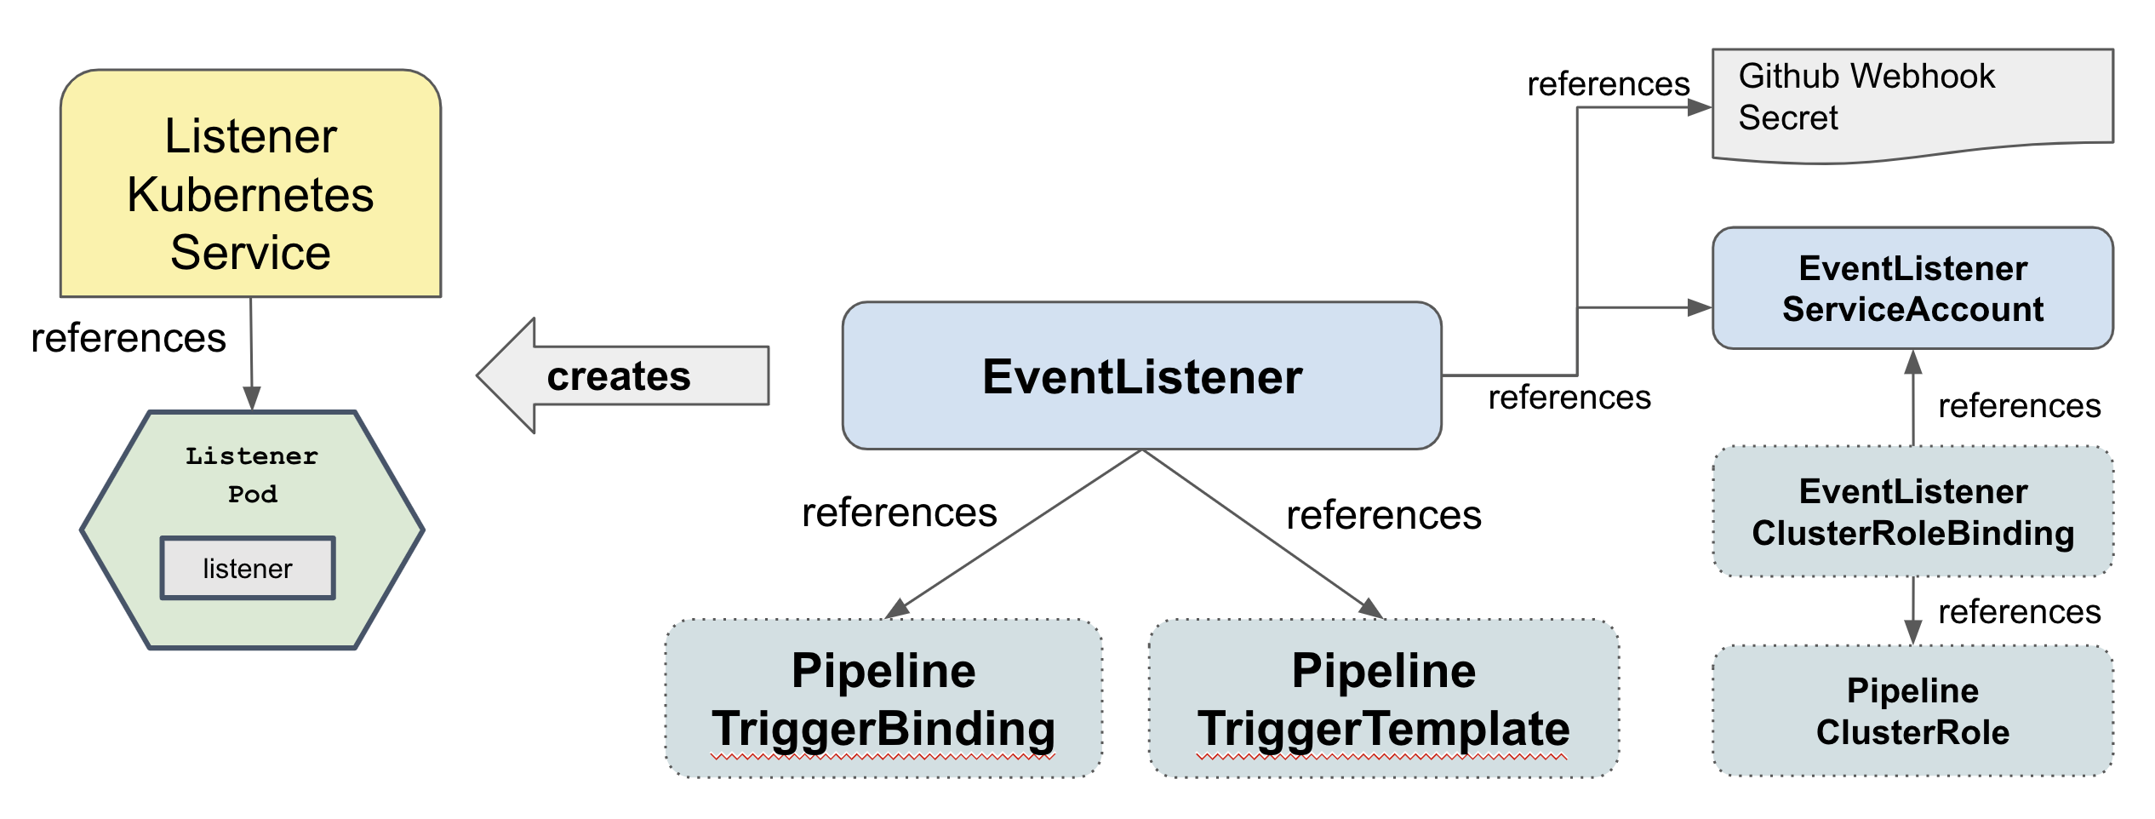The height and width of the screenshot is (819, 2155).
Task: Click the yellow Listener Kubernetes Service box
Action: click(x=250, y=184)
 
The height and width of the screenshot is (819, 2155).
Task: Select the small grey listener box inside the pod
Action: click(x=248, y=568)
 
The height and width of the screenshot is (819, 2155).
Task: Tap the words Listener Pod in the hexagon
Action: click(x=252, y=475)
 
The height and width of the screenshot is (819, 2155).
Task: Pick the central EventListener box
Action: click(x=1141, y=376)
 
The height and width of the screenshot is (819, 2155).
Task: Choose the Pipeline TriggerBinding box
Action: click(x=883, y=698)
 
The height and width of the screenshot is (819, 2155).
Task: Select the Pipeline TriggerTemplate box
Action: click(x=1383, y=698)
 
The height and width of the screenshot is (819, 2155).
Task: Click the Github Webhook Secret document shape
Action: click(x=1912, y=102)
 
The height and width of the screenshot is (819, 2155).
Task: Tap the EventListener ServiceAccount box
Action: click(x=1912, y=288)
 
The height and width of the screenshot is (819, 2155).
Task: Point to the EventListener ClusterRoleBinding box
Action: click(x=1912, y=512)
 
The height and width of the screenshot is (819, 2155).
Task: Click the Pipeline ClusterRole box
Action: click(x=1912, y=711)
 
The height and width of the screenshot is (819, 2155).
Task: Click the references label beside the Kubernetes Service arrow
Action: click(x=129, y=338)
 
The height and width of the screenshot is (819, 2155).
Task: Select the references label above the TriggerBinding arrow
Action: click(x=899, y=513)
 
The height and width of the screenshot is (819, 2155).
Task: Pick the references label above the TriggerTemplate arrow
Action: click(x=1383, y=515)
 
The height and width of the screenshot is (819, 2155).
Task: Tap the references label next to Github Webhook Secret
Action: click(x=1608, y=84)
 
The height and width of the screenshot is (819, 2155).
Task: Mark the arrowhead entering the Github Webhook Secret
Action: click(x=1699, y=107)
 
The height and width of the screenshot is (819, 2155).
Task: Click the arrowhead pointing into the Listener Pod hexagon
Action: click(x=252, y=398)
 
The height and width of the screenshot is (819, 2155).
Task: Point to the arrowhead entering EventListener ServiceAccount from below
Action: click(x=1913, y=363)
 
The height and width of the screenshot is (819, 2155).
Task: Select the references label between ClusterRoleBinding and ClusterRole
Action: click(x=2019, y=611)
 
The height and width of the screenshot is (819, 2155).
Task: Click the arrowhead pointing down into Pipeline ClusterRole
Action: click(x=1913, y=632)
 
